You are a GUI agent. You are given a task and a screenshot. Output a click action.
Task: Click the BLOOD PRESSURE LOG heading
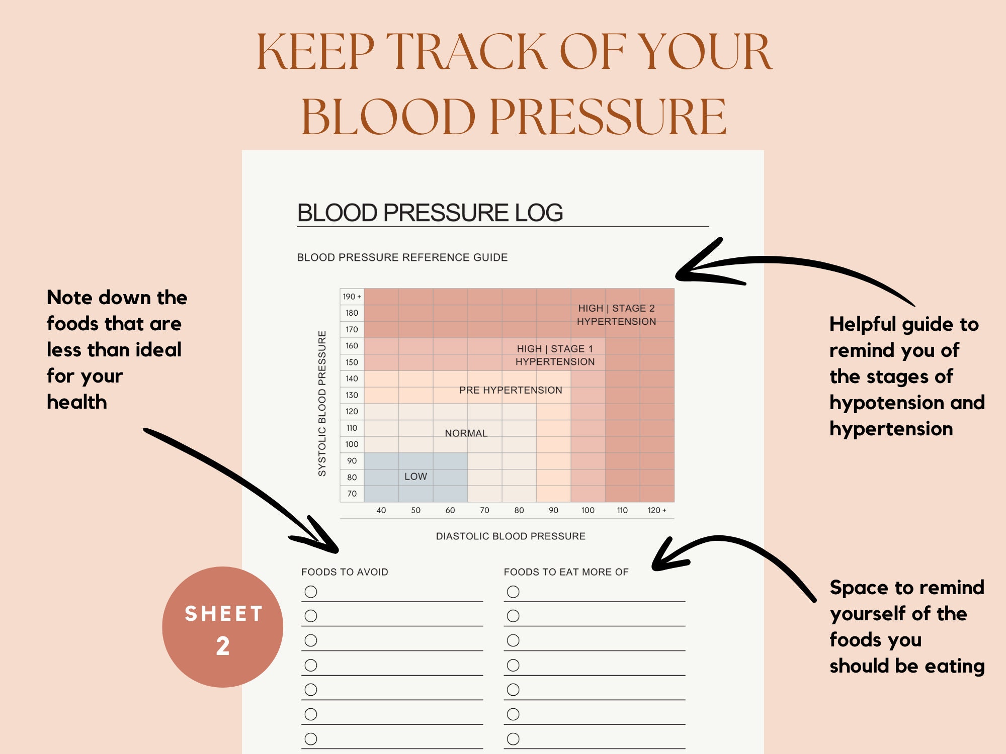[x=430, y=213]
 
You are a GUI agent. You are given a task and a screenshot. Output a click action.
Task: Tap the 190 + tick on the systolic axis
[x=352, y=297]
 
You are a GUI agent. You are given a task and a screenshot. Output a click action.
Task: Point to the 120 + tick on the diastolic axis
[x=656, y=510]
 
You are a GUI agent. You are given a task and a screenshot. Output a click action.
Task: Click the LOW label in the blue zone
[x=415, y=477]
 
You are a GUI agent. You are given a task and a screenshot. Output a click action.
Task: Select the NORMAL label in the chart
[x=466, y=433]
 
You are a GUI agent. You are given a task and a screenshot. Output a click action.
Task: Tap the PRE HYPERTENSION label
[x=511, y=390]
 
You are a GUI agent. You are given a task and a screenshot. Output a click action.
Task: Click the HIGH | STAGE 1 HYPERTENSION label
[x=555, y=355]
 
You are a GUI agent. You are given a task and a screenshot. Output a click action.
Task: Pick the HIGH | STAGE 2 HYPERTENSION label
[x=616, y=315]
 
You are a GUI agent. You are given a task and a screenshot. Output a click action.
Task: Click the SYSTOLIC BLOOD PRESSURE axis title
[x=322, y=403]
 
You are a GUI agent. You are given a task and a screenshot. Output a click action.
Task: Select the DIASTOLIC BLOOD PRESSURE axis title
[x=511, y=536]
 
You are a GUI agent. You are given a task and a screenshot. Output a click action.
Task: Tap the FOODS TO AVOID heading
[x=345, y=572]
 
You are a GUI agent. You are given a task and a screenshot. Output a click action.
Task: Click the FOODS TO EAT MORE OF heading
[x=566, y=572]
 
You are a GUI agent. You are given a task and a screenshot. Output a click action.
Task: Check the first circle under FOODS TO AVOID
[x=311, y=592]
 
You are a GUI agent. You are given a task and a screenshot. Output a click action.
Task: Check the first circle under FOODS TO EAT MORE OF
[x=513, y=592]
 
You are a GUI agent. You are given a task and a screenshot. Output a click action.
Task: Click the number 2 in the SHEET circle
[x=223, y=646]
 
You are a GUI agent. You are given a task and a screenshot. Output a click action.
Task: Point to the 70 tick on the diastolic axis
[x=484, y=510]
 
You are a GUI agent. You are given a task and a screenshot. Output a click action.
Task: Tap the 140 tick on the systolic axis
[x=352, y=379]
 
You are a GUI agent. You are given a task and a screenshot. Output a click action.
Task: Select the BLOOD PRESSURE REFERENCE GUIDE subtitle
[x=402, y=257]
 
